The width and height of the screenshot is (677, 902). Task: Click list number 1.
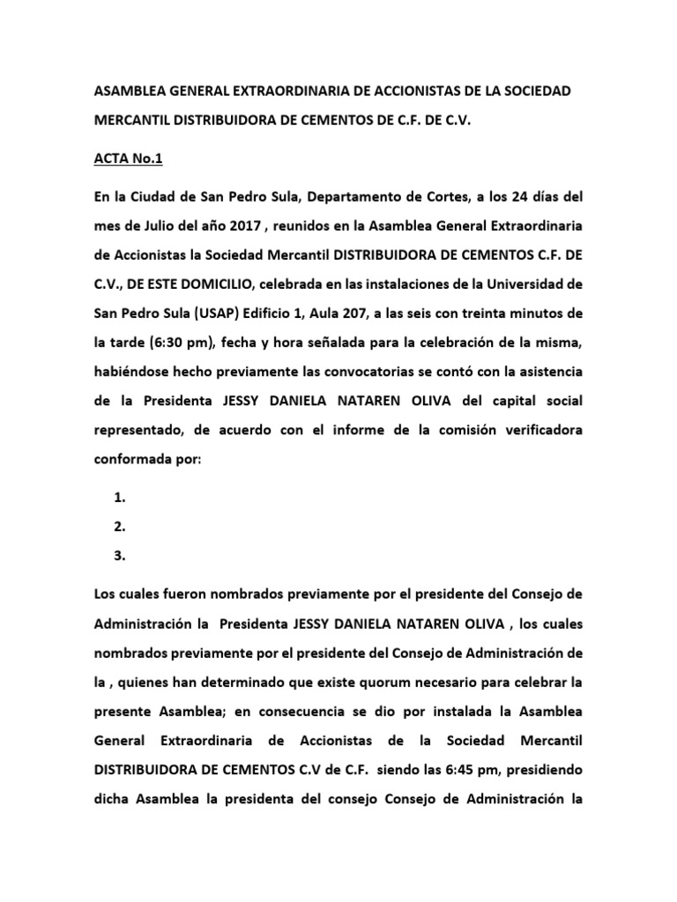pyautogui.click(x=120, y=498)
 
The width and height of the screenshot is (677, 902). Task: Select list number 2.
pyautogui.click(x=120, y=527)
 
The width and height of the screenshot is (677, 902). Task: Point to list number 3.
pyautogui.click(x=120, y=556)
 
